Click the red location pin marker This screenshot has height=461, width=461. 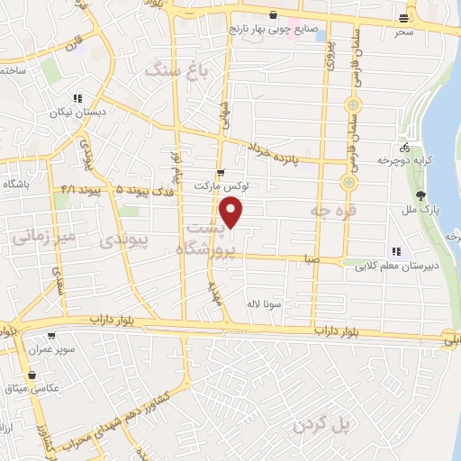click(233, 213)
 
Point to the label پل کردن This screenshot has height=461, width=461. click(321, 423)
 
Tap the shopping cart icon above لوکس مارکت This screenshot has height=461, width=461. click(221, 172)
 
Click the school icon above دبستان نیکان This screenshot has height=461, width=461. click(77, 99)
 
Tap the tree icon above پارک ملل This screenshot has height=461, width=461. click(420, 195)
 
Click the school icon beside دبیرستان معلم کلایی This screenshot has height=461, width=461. click(395, 252)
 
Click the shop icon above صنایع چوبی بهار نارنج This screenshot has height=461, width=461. click(273, 14)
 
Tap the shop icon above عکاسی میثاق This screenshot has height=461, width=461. click(33, 375)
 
